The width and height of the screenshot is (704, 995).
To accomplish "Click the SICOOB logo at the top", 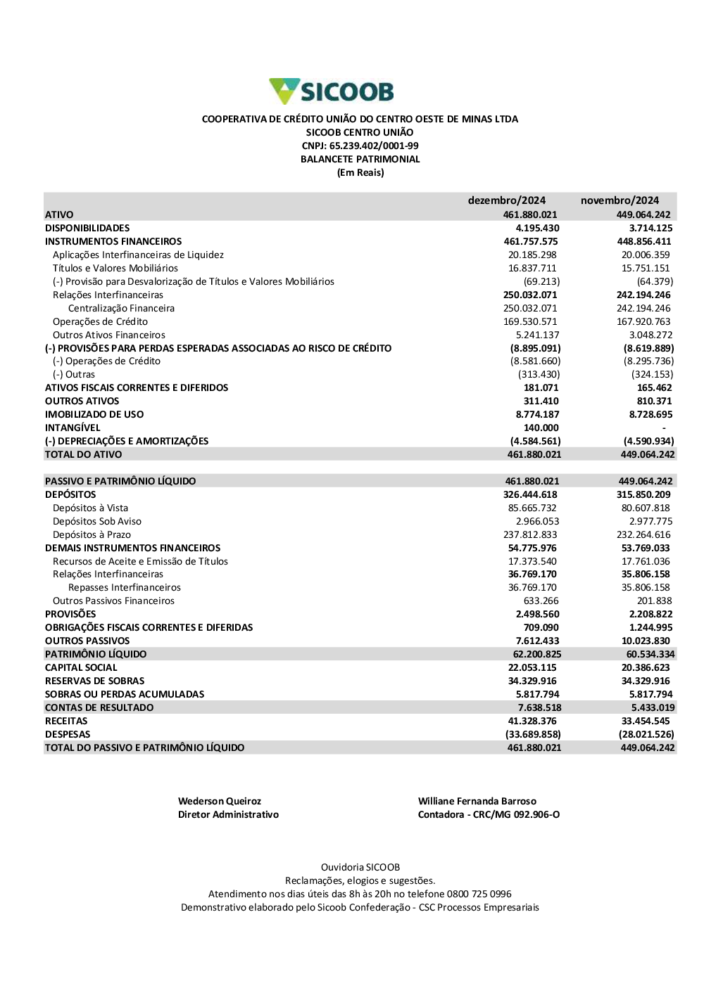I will coord(332,91).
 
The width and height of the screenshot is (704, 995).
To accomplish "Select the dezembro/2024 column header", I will coord(506,200).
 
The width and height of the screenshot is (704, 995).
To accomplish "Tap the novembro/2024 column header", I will coord(620,200).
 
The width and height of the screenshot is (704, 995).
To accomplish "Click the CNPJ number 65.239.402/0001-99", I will coord(374,146).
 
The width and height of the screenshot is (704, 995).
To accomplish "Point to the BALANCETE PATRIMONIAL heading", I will coord(360,159).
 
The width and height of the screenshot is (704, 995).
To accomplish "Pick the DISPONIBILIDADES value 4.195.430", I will coord(537,228).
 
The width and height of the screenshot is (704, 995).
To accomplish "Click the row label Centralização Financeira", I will coord(121,308).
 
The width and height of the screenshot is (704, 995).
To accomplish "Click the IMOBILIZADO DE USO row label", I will coord(94,414).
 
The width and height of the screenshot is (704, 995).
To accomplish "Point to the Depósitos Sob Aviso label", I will coord(97,521).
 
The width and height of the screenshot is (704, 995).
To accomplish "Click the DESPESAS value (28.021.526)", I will coord(646,734).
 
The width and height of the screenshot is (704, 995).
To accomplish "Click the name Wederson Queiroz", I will coord(220,801).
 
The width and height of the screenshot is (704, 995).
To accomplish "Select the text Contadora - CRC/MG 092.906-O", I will coord(489,814).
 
